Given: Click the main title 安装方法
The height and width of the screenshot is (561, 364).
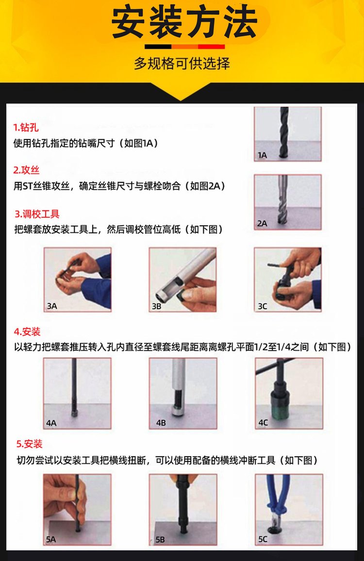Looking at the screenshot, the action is pyautogui.click(x=184, y=23).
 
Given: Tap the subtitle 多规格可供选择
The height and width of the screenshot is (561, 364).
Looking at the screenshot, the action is pyautogui.click(x=182, y=63).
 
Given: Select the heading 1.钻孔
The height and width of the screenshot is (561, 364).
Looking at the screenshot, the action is pyautogui.click(x=26, y=127).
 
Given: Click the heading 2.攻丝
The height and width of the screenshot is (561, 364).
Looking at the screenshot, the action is pyautogui.click(x=26, y=170).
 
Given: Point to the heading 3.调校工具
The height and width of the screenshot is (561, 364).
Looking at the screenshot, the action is pyautogui.click(x=37, y=214).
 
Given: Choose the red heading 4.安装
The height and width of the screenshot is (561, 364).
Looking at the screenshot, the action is pyautogui.click(x=27, y=331).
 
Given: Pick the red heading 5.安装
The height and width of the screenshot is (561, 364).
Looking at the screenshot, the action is pyautogui.click(x=29, y=444).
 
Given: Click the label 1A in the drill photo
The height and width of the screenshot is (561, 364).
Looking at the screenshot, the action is pyautogui.click(x=263, y=155).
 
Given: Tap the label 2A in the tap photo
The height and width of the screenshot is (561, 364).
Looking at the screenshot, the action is pyautogui.click(x=262, y=223).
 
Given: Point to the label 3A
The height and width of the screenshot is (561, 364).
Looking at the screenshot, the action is pyautogui.click(x=52, y=306).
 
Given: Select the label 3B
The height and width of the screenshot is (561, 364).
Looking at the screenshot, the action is pyautogui.click(x=156, y=306).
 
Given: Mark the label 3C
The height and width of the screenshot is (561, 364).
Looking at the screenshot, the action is pyautogui.click(x=263, y=306).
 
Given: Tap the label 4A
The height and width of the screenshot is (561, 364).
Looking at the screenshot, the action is pyautogui.click(x=51, y=423).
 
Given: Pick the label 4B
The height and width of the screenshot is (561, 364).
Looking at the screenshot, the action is pyautogui.click(x=161, y=423).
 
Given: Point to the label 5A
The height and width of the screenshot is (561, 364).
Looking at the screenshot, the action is pyautogui.click(x=51, y=539).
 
